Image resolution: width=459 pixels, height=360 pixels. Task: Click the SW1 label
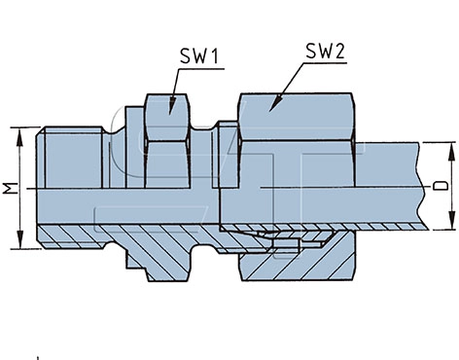(199, 55)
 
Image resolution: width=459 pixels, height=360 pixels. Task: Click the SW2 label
(325, 51)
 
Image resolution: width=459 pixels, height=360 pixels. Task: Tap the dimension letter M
(11, 188)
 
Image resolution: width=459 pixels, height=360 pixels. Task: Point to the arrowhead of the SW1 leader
(171, 106)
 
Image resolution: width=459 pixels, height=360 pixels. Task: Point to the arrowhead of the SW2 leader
(275, 103)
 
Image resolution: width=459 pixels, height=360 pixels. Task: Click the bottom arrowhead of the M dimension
(20, 239)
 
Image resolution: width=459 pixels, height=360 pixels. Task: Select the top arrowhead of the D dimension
(451, 152)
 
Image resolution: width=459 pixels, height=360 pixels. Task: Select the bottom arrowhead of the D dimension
(451, 220)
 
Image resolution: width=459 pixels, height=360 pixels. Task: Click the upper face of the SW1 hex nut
(167, 118)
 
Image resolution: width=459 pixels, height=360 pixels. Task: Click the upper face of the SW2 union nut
(296, 117)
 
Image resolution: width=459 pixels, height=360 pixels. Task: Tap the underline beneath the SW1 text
(201, 69)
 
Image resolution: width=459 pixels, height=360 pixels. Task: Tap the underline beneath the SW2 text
(325, 63)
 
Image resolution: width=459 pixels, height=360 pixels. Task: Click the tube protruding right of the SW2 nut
(389, 185)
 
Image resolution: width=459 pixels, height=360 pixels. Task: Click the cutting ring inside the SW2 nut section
(285, 244)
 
